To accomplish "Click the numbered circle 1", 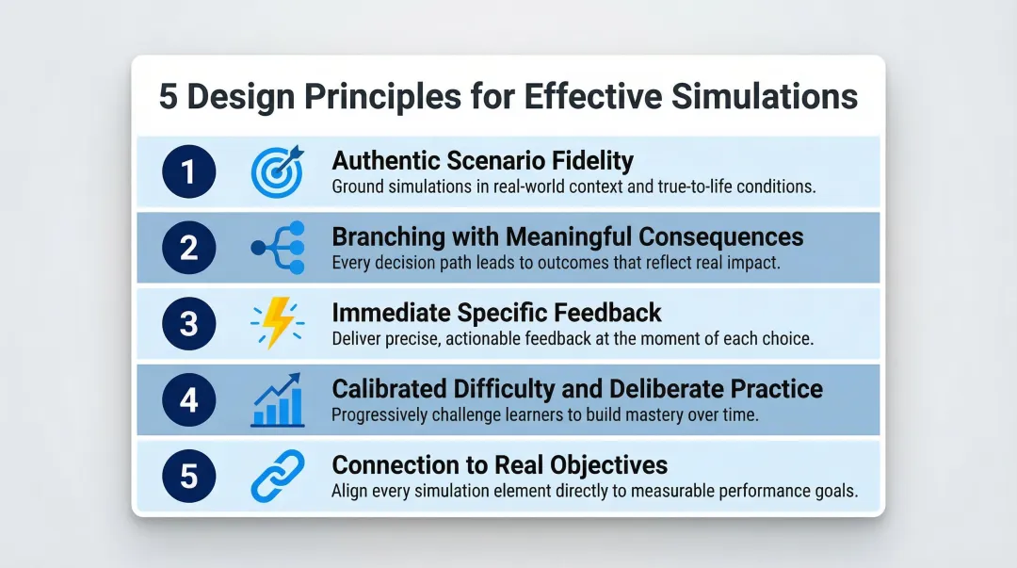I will pos(188,172).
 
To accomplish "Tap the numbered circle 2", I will pos(188,248).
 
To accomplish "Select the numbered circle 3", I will pos(188,323).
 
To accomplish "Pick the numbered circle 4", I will pos(188,399).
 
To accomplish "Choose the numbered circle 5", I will pos(188,475).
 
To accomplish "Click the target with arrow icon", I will pos(277,171).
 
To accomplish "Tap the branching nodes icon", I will pos(278,248).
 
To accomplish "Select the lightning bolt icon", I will pos(278,323).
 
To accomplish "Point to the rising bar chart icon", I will pos(278,399).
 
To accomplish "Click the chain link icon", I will pos(278,475).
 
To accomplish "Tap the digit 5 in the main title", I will pos(168,98).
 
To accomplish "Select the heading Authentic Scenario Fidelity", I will pos(482,161).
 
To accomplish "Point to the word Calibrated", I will pos(394,388).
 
